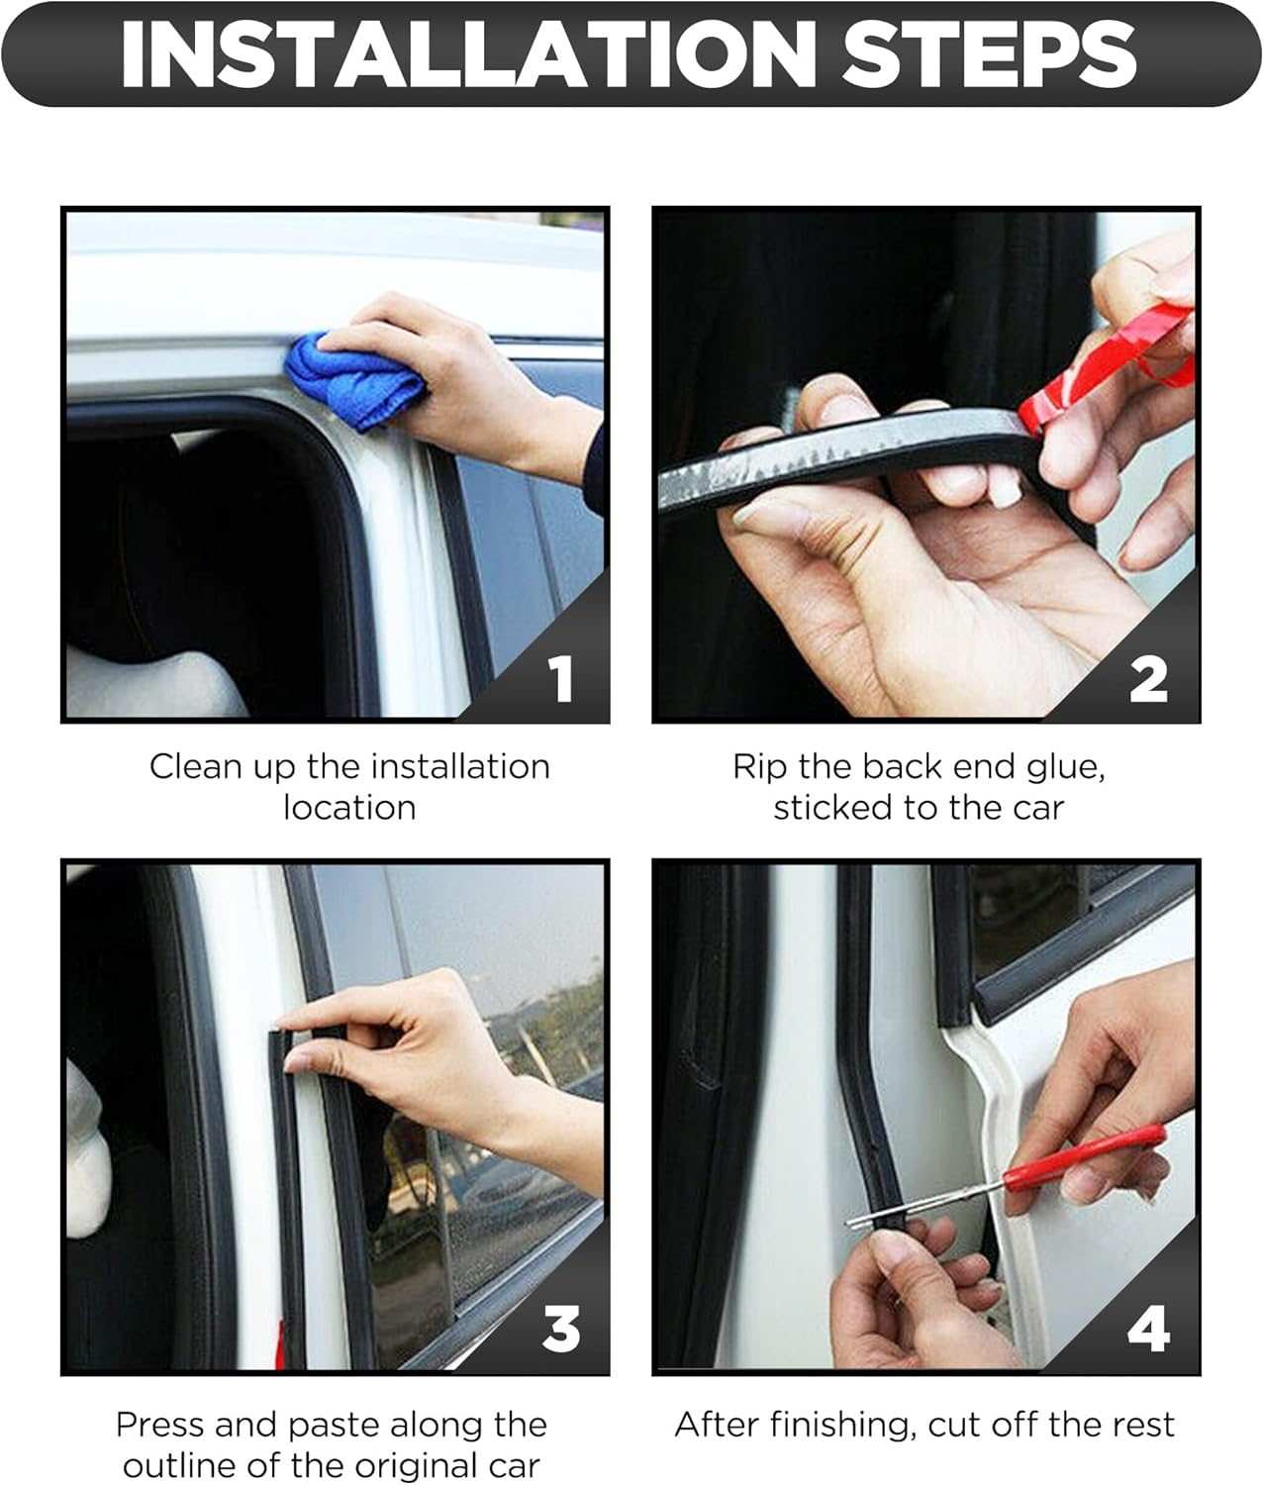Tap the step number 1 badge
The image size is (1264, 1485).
561,679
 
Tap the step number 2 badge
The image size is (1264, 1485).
1148,679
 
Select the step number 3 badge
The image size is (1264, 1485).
561,1329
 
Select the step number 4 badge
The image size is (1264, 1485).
1148,1329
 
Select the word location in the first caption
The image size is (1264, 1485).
349,808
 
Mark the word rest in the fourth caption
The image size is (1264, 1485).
1143,1426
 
